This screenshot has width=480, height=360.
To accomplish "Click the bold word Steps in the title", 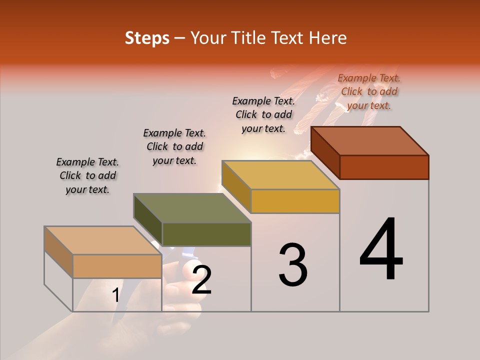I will (147, 38).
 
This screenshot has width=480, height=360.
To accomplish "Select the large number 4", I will (381, 250).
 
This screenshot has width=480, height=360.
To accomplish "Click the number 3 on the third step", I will (293, 265).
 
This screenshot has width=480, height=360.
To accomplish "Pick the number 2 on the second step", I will (201, 280).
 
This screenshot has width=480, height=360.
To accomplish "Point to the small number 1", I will (115, 295).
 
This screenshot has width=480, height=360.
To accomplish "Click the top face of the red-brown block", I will (370, 141).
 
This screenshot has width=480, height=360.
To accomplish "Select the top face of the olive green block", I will (192, 208).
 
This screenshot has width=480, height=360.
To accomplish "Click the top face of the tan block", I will (102, 240).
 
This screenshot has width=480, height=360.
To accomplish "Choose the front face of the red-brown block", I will (384, 167).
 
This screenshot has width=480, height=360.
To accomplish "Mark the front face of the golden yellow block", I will (295, 201).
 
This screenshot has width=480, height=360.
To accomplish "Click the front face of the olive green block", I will (206, 234).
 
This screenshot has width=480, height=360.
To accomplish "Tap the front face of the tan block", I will (117, 266).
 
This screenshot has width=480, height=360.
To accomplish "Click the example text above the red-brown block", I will (369, 91).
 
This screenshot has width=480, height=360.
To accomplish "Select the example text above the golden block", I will (263, 114).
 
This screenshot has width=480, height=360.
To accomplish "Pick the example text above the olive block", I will (174, 146).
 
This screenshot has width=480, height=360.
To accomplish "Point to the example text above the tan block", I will (87, 175).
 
